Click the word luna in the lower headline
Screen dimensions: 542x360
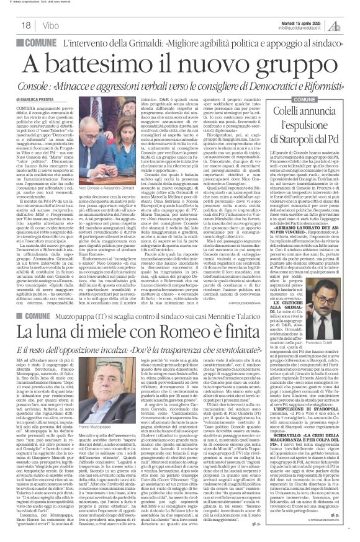click(75, 318)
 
